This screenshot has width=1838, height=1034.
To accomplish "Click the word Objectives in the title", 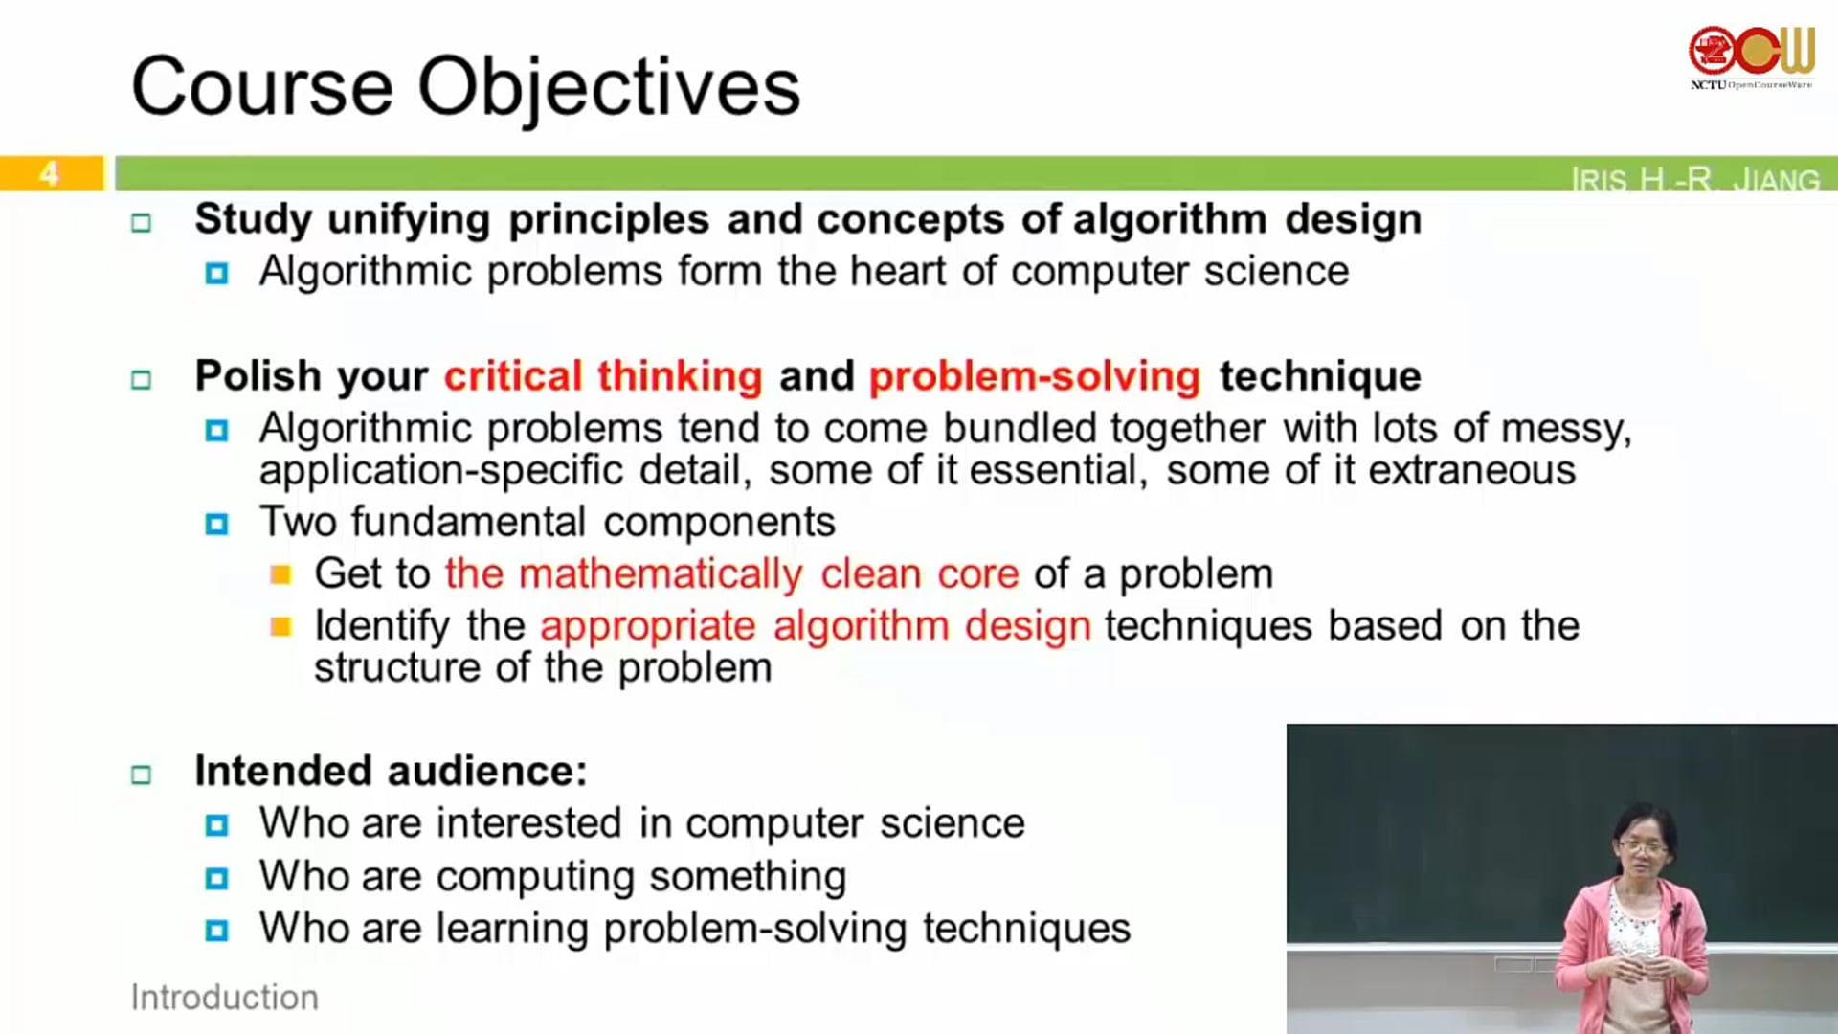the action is pyautogui.click(x=609, y=88).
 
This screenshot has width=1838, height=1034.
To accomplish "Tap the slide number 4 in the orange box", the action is pyautogui.click(x=49, y=173).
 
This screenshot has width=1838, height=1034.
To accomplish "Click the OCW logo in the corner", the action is pyautogui.click(x=1751, y=57).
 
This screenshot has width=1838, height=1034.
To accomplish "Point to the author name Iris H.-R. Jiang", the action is pyautogui.click(x=1694, y=179).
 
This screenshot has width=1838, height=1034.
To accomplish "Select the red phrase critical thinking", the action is pyautogui.click(x=603, y=376).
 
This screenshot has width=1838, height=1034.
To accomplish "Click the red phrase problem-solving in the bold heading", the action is pyautogui.click(x=1035, y=376).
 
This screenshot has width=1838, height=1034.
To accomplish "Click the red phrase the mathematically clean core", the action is pyautogui.click(x=732, y=574).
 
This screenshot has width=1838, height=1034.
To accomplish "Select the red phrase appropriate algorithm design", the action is pyautogui.click(x=816, y=627).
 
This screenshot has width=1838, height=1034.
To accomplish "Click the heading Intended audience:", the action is pyautogui.click(x=392, y=771).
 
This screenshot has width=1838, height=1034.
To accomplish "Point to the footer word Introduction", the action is pyautogui.click(x=225, y=998).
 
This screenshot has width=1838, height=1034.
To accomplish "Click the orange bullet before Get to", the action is pyautogui.click(x=280, y=574).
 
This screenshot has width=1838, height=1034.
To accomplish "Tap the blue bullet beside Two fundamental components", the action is pyautogui.click(x=217, y=525).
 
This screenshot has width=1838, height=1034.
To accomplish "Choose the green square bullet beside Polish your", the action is pyautogui.click(x=142, y=380).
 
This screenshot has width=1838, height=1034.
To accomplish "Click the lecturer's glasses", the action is pyautogui.click(x=1643, y=846).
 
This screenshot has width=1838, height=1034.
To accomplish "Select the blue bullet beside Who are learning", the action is pyautogui.click(x=217, y=931).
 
